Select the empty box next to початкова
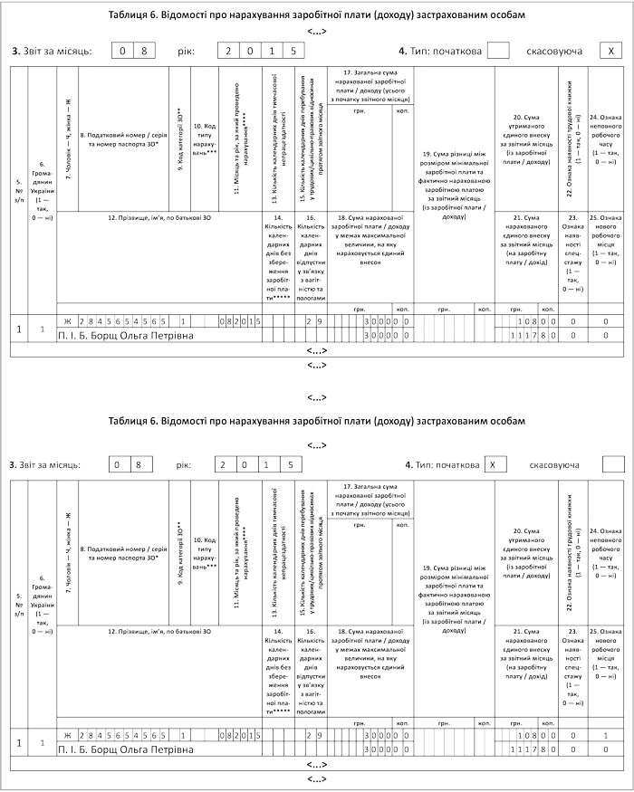497,52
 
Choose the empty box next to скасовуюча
612,464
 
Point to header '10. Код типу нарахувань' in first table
206,142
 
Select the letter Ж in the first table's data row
66,321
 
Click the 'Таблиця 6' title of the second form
316,421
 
